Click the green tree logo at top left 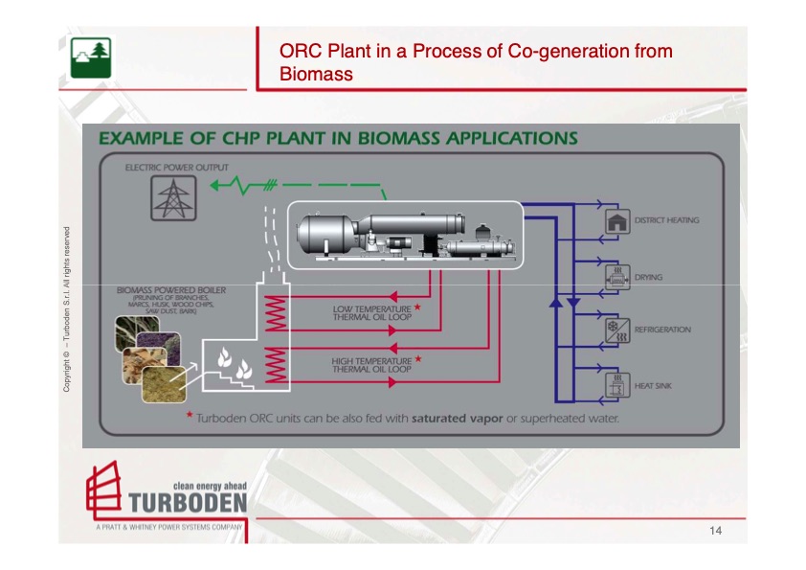91,58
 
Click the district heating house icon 616,220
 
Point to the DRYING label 648,278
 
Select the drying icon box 616,277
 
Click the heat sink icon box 616,385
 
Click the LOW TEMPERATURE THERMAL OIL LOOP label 371,313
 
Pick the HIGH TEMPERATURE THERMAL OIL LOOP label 371,365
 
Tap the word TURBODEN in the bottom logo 187,503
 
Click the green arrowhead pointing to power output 218,185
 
